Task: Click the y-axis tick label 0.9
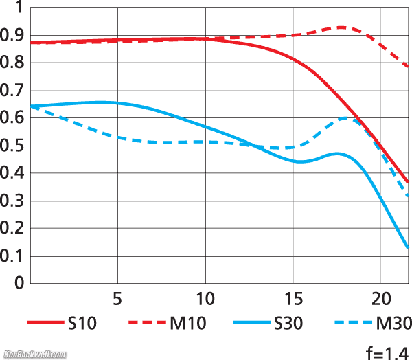pos(12,35)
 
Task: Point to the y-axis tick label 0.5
pos(12,146)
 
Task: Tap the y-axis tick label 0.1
pos(12,257)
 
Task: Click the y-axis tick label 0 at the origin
pos(19,284)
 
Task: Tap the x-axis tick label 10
pos(205,301)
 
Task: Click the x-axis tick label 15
pos(293,301)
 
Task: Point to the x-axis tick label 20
pos(380,301)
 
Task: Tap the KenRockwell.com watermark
pos(34,355)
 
